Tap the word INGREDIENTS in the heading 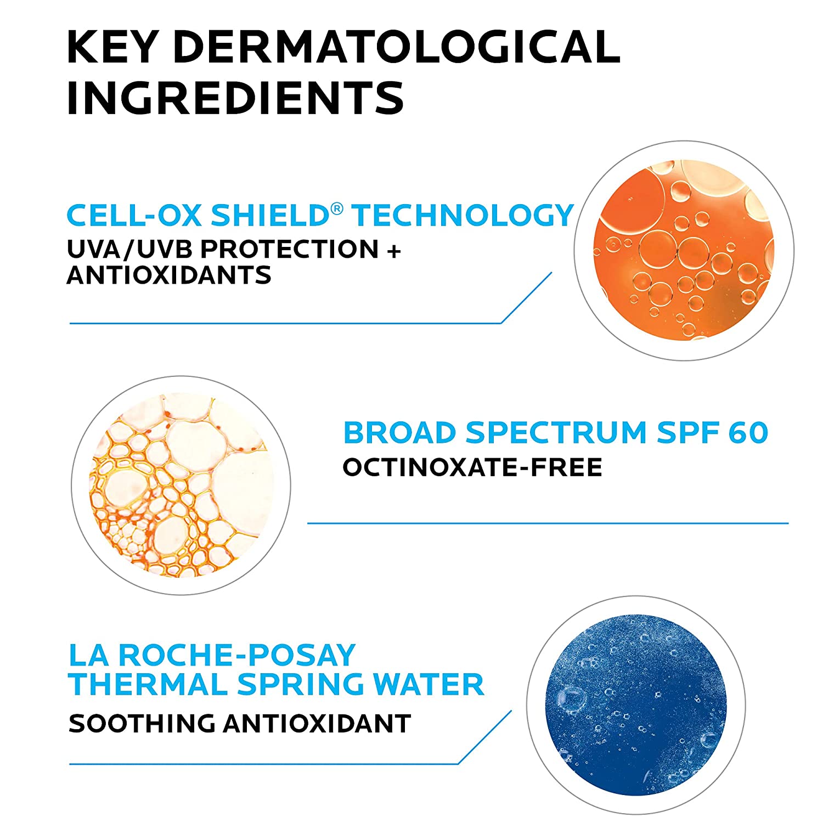pyautogui.click(x=235, y=98)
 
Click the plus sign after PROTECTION pyautogui.click(x=394, y=250)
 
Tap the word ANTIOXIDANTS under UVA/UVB pyautogui.click(x=169, y=275)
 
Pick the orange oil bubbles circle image pyautogui.click(x=684, y=251)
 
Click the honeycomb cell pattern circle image pyautogui.click(x=181, y=485)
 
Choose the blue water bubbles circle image pyautogui.click(x=636, y=704)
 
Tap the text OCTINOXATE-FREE pyautogui.click(x=472, y=467)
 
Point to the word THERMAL pyautogui.click(x=148, y=684)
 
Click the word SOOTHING pyautogui.click(x=142, y=724)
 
